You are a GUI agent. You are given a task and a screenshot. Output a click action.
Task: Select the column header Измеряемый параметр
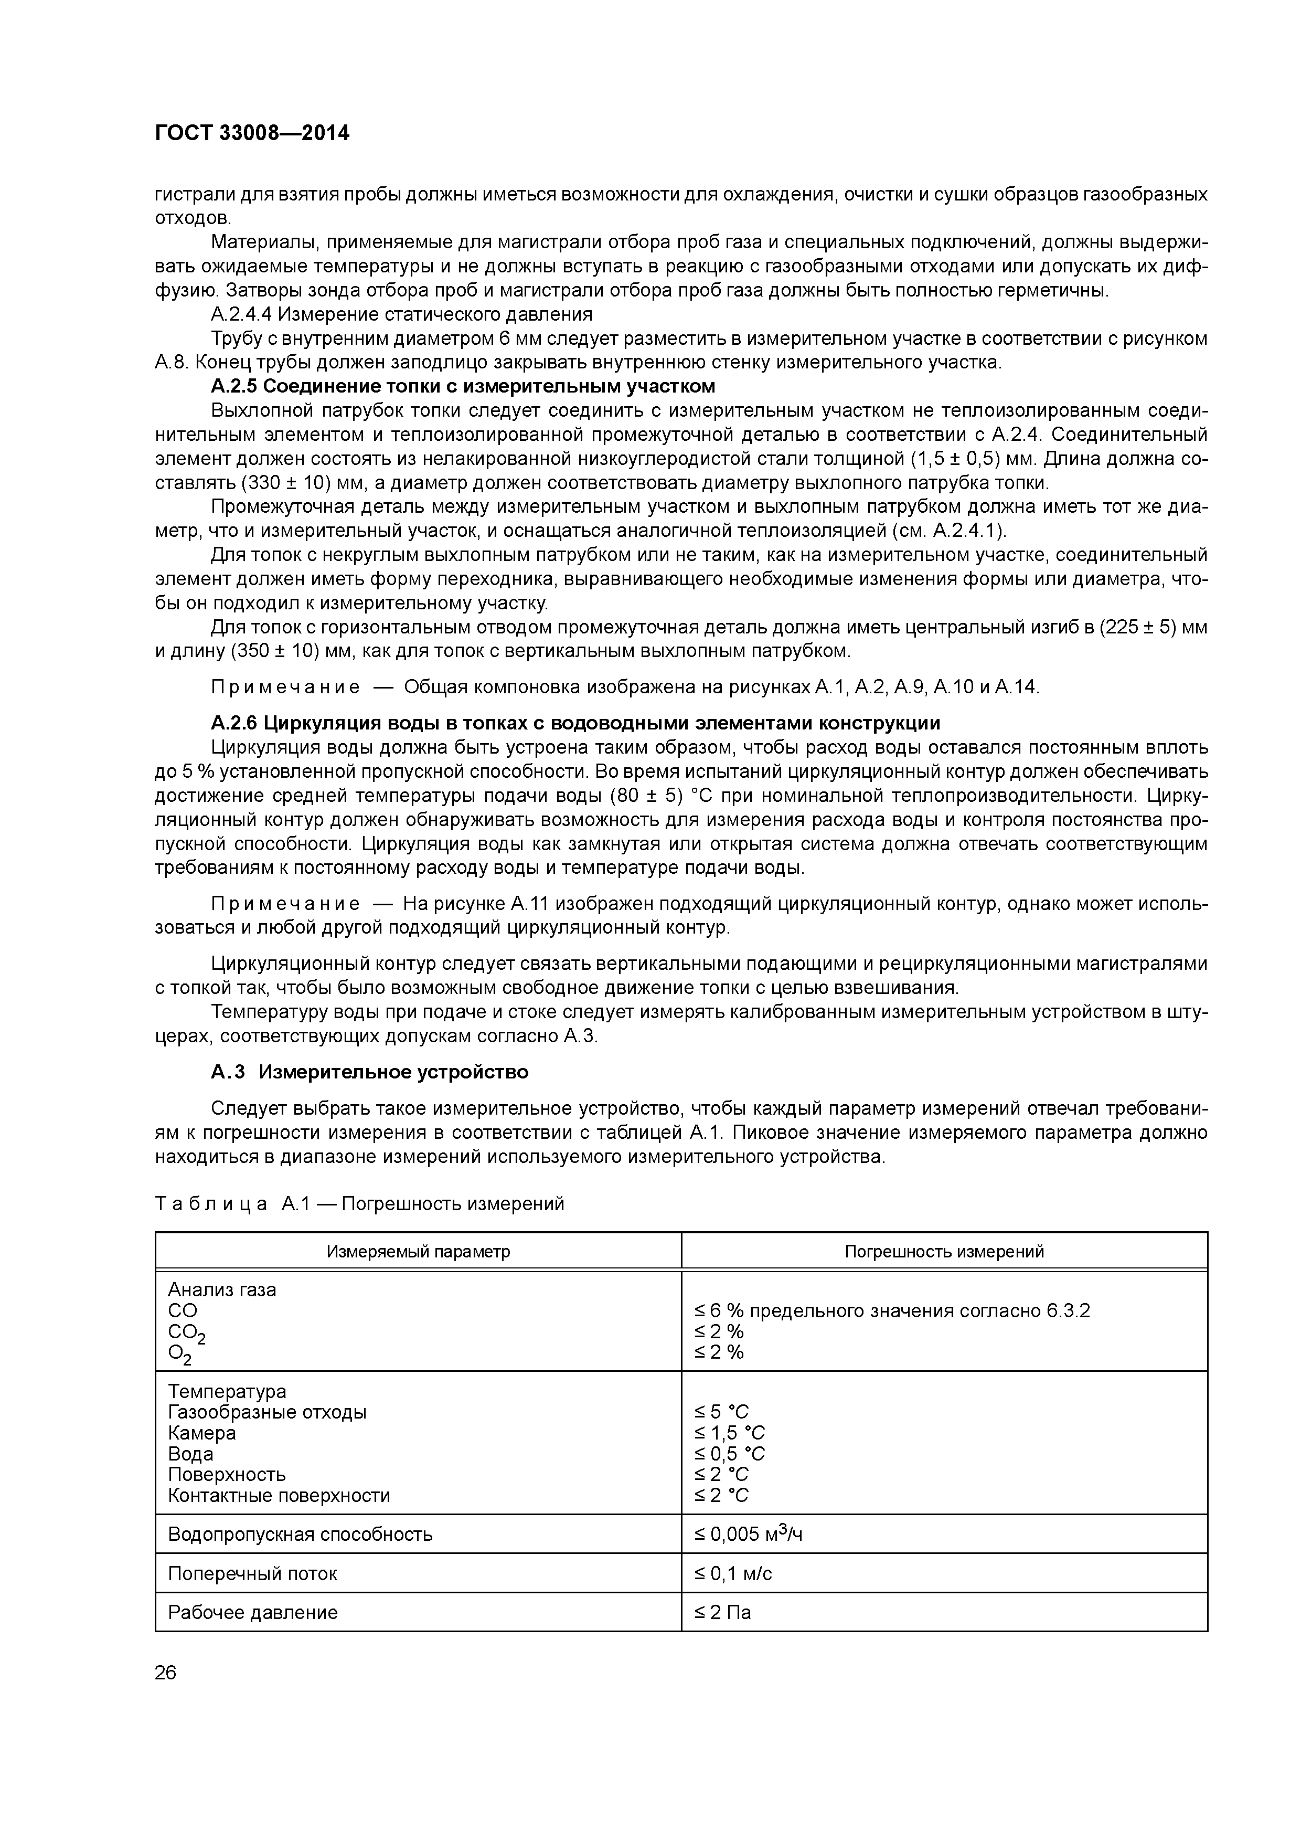click(x=418, y=1252)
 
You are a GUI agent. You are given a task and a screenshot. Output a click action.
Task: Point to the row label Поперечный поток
click(x=252, y=1574)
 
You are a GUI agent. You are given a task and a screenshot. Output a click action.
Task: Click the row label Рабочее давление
click(x=252, y=1613)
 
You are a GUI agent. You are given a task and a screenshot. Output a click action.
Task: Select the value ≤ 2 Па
click(x=722, y=1613)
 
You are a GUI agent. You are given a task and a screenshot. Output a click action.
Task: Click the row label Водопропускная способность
click(x=300, y=1535)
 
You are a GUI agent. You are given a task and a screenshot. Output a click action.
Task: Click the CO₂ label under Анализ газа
click(x=186, y=1332)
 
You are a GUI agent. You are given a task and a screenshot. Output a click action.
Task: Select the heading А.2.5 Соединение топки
click(x=463, y=386)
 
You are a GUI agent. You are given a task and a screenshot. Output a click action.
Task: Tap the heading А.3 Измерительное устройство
click(x=369, y=1072)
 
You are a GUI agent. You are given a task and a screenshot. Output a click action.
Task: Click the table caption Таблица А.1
click(x=359, y=1204)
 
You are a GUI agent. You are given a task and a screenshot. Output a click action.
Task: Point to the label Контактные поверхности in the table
click(x=279, y=1495)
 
